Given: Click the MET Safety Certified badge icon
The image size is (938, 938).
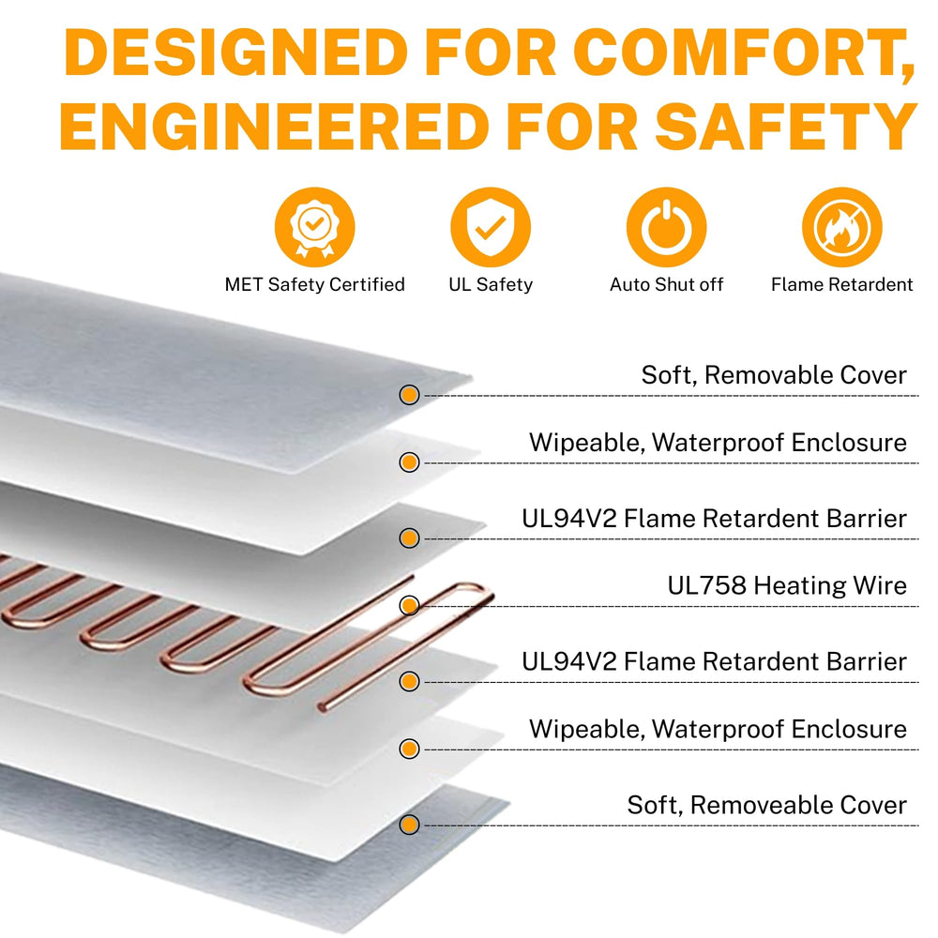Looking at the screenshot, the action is coord(314,227).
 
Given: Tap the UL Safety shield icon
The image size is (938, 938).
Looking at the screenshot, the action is coord(491,227).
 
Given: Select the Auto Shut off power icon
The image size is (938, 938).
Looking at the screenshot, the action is coord(666,227).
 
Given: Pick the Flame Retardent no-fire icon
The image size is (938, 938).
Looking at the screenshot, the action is coord(842,227).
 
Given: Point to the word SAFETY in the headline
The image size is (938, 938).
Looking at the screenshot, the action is coord(785,127).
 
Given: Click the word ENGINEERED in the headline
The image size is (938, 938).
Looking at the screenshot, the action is coord(275,127).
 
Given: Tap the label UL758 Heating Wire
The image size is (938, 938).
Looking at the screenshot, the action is coord(787,585).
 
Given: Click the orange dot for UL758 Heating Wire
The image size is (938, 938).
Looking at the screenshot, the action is coord(409,605).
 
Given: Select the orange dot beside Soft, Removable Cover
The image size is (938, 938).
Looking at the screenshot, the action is coord(409,395).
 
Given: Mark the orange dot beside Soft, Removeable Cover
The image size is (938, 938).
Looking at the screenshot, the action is coord(409,825).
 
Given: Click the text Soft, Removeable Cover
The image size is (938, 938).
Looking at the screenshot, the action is coord(767,805).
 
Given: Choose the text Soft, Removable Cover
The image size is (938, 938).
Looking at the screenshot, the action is coord(774,376).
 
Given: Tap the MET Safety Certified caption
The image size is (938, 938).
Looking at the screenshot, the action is coord(314,285).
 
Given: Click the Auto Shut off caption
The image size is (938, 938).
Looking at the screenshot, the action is coord(666,285).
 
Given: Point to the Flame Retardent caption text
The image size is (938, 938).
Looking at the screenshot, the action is coord(842,285).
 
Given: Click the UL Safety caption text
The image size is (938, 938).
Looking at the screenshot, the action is coord(491,285).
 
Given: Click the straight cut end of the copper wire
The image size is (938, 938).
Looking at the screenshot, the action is coord(322,707).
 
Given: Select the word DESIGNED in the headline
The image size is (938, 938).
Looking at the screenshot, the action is coord(235,53).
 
